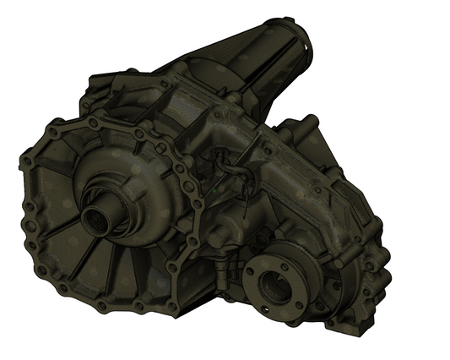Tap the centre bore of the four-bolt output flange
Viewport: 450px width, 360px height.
point(275,282)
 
